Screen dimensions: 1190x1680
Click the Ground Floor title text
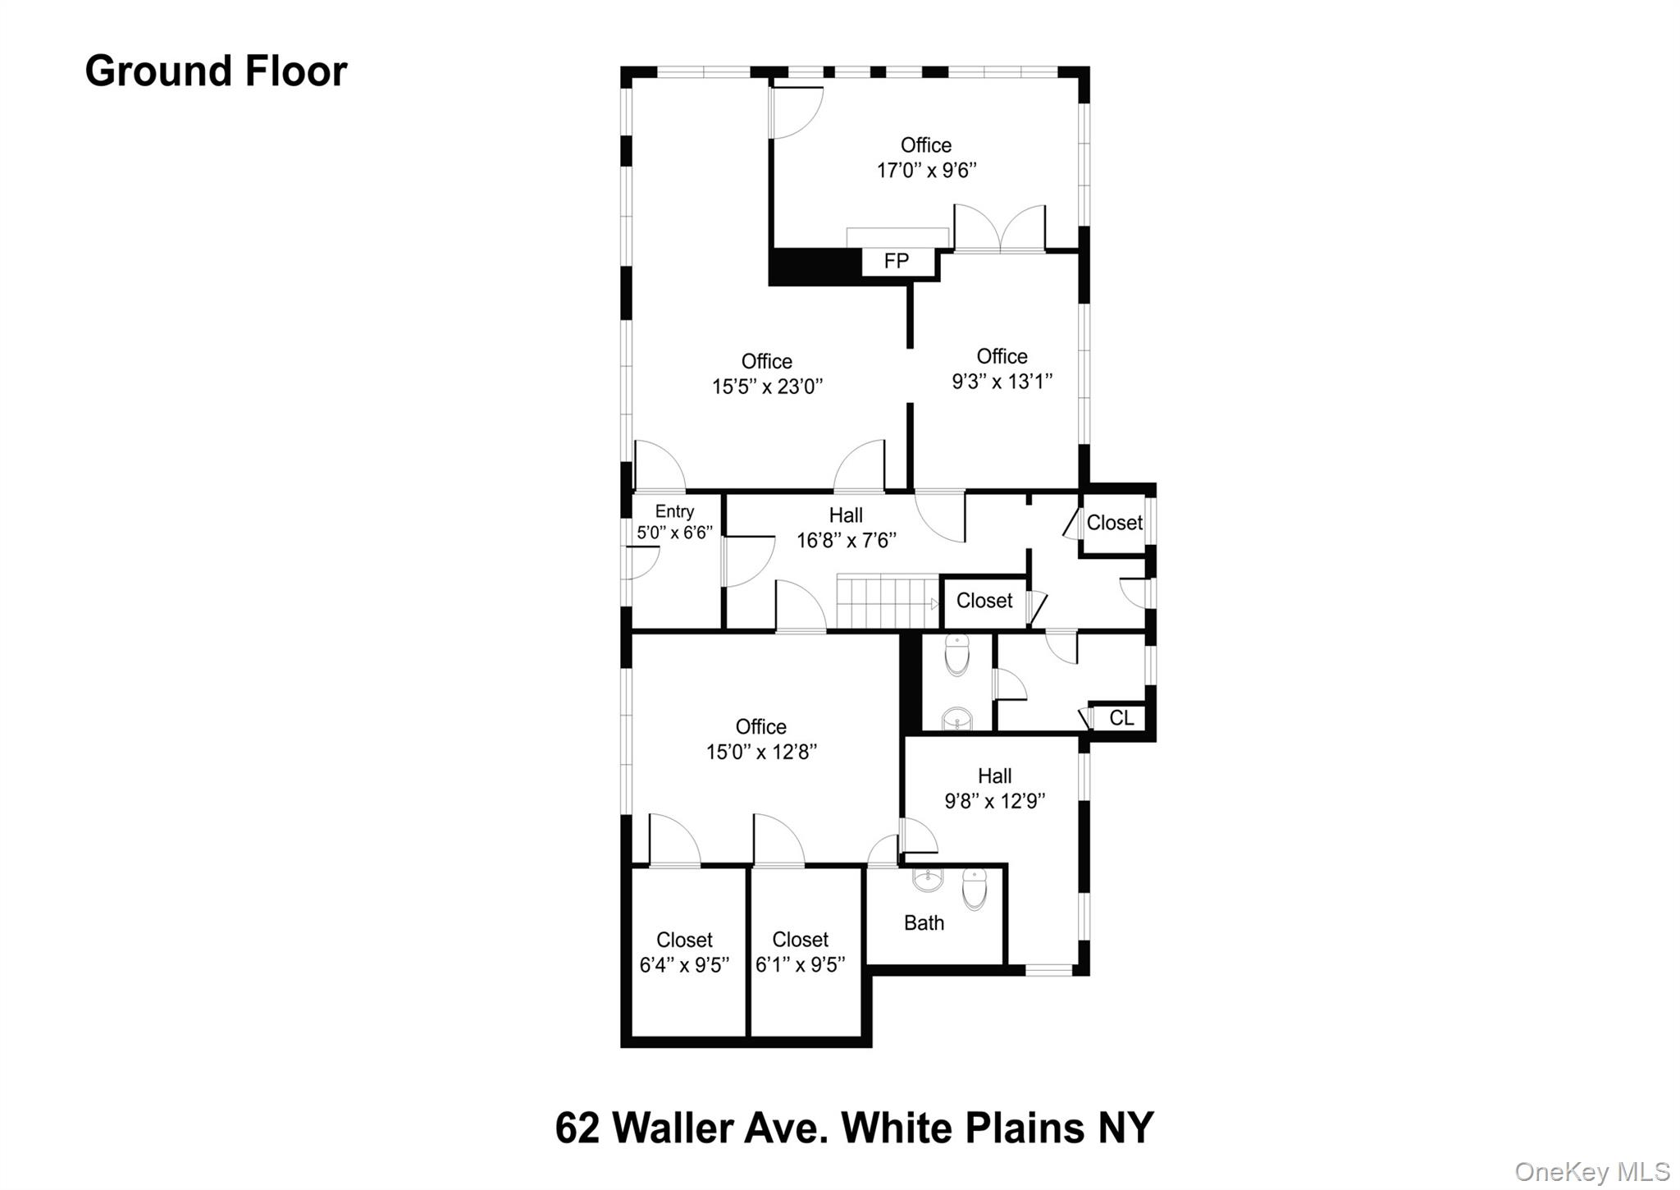click(216, 71)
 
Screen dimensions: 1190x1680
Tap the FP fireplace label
click(896, 261)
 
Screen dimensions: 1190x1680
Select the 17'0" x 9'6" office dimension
click(926, 171)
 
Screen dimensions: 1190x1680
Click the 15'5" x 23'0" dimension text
click(767, 387)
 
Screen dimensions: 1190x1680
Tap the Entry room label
click(674, 512)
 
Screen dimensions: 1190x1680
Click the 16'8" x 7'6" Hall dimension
click(846, 540)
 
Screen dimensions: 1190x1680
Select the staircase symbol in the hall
click(887, 602)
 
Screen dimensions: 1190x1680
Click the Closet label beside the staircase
click(984, 601)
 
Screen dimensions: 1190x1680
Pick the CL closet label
click(1121, 718)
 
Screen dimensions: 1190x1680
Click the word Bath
click(924, 923)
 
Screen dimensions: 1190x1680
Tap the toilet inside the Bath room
click(975, 889)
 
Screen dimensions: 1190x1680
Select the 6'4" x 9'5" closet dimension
click(684, 965)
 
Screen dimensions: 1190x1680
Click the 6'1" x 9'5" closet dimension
click(800, 965)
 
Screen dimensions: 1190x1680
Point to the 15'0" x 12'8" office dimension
click(761, 752)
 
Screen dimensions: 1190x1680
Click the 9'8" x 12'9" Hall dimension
click(994, 801)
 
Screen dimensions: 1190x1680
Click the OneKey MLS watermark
click(1591, 1171)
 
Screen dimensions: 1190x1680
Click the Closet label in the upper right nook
click(1113, 523)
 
